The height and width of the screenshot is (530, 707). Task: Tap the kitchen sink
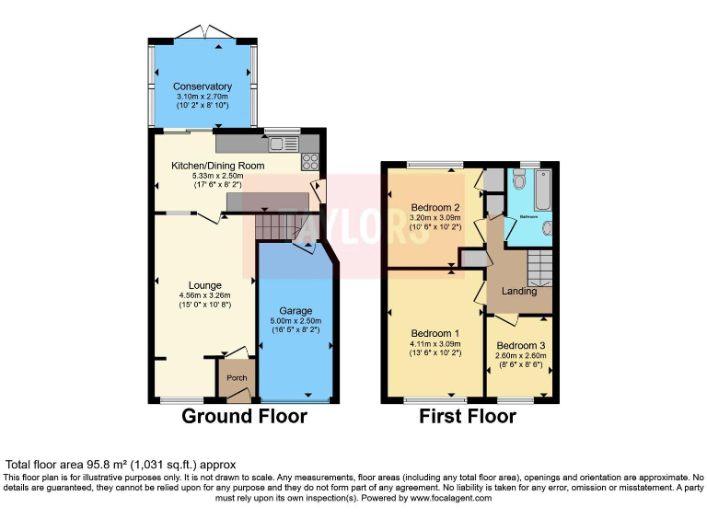pos(284,144)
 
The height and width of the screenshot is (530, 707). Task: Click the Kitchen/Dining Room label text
pos(217,166)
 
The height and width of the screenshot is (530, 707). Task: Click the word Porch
pos(237,378)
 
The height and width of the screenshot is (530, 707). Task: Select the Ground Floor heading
pos(243,416)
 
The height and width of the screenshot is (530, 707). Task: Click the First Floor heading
pos(467,416)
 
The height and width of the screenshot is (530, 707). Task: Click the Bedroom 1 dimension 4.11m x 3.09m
pos(435,343)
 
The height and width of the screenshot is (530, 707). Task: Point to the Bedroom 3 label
pos(520,345)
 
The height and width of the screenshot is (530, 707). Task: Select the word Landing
pos(518,292)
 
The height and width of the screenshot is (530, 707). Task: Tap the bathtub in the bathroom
pos(541,190)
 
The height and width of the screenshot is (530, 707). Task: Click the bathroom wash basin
pos(548,229)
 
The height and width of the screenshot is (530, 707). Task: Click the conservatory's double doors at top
pos(204,34)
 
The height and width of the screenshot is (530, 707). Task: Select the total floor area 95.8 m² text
pos(122,465)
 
